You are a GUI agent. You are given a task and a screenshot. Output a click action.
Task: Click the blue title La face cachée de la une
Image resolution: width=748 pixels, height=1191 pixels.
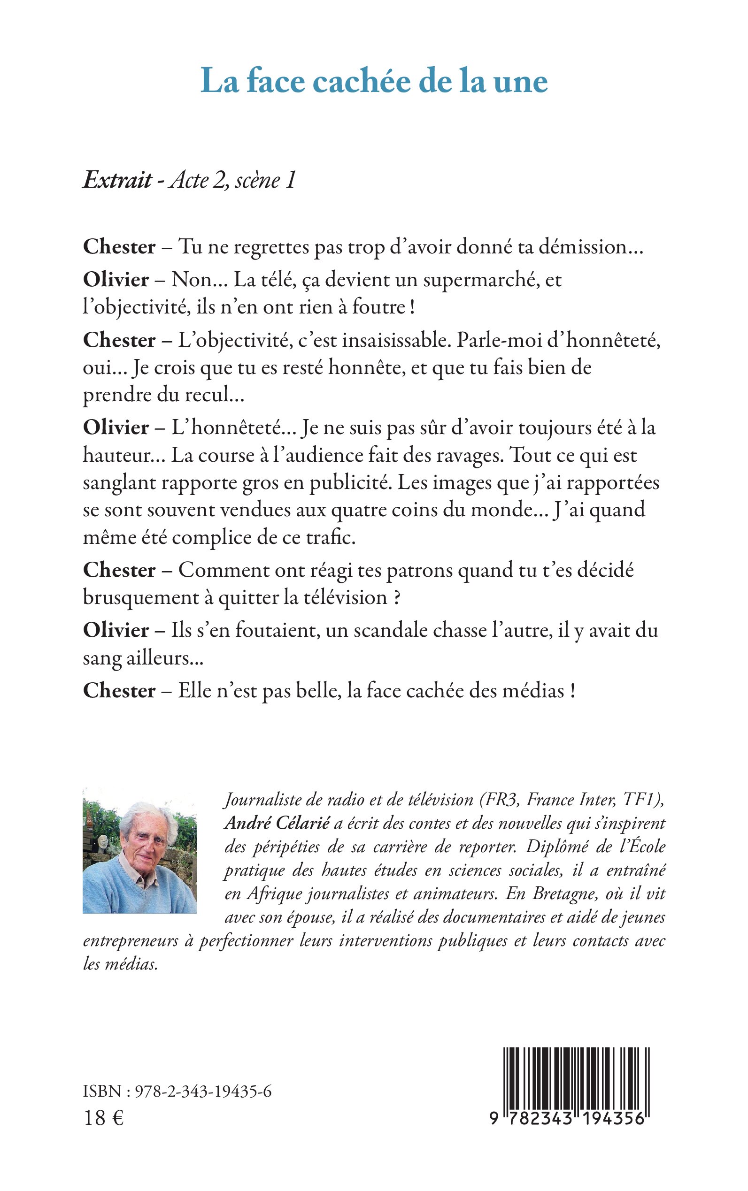tap(374, 82)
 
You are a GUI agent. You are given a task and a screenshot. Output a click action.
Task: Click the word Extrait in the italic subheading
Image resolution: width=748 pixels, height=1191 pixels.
tap(118, 180)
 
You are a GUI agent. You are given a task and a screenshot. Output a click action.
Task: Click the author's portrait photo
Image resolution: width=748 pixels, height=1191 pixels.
tap(139, 850)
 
